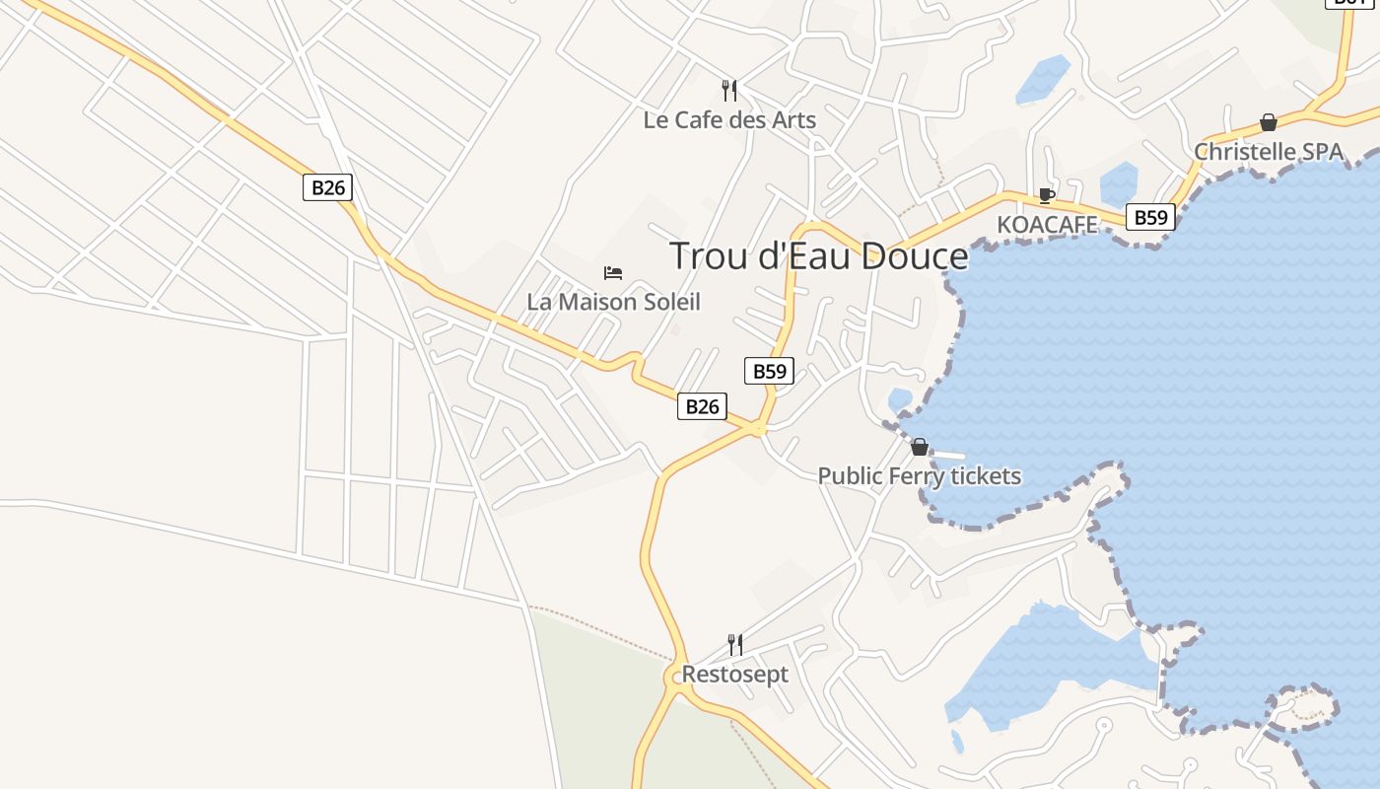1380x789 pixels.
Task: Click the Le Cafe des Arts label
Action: pyautogui.click(x=729, y=120)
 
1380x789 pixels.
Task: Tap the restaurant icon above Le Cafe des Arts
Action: pyautogui.click(x=729, y=91)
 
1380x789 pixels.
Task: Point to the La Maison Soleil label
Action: pyautogui.click(x=613, y=302)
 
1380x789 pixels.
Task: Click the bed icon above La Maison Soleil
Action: pyautogui.click(x=613, y=272)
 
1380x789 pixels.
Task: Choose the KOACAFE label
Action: pyautogui.click(x=1047, y=225)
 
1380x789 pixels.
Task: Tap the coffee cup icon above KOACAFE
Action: pyautogui.click(x=1046, y=195)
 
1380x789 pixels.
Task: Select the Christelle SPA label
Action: pyautogui.click(x=1269, y=152)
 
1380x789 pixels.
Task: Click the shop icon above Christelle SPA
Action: pyautogui.click(x=1269, y=122)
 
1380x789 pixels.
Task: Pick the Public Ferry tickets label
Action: pyautogui.click(x=920, y=476)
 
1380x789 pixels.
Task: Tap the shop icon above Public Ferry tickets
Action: pyautogui.click(x=920, y=447)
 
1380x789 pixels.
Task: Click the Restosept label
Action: pyautogui.click(x=735, y=675)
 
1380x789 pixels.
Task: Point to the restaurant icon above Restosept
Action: pyautogui.click(x=735, y=645)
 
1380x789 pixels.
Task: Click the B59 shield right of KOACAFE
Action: pyautogui.click(x=1150, y=217)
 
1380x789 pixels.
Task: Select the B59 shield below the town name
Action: pyautogui.click(x=769, y=371)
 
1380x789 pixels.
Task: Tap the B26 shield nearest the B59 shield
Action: pyautogui.click(x=702, y=406)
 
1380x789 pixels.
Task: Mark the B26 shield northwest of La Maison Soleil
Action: pyautogui.click(x=327, y=187)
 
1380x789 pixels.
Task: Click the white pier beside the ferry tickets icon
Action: pyautogui.click(x=946, y=454)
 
